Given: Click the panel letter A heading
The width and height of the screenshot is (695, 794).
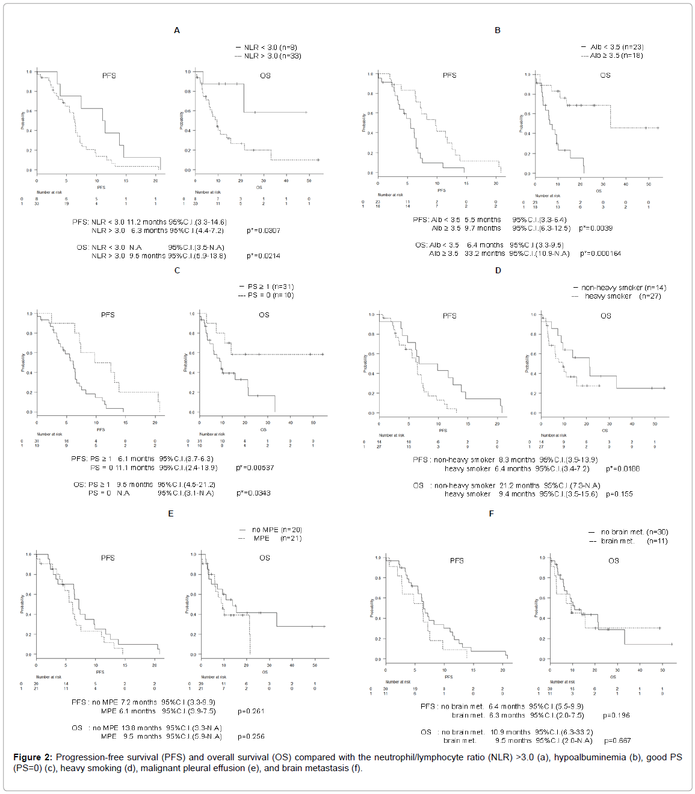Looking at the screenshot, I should point(177,30).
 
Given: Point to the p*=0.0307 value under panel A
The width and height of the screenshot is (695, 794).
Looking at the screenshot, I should point(263,231).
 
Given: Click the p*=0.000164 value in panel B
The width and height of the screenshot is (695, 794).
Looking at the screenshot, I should point(601,253).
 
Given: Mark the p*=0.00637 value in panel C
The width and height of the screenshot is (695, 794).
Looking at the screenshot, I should point(255,468).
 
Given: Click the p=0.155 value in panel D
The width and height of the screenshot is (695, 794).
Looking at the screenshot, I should point(619,494).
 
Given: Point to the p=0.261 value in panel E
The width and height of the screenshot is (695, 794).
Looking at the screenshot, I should point(251,711).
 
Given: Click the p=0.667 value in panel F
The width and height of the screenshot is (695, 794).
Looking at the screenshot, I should point(617,740).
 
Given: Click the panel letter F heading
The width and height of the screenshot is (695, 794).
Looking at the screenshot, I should point(492,513).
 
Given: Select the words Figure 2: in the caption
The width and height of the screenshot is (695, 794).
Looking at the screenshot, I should point(32,757).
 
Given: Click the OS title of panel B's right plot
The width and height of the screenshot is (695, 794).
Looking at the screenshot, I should point(605,75).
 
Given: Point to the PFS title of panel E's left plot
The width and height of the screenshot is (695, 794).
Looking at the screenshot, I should point(108,558).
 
